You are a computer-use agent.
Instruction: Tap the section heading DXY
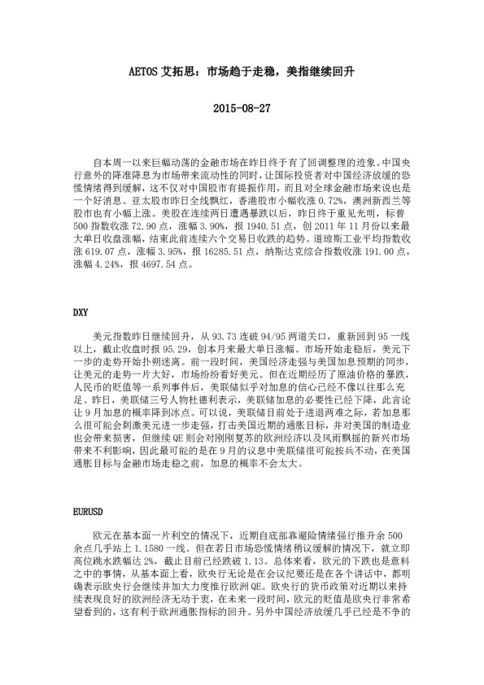tap(81, 312)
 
